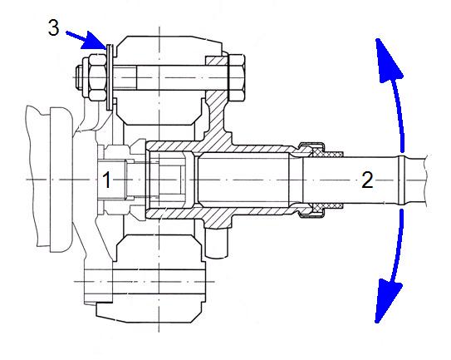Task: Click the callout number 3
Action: [53, 28]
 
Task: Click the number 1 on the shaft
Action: [106, 180]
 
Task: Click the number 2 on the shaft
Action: [367, 180]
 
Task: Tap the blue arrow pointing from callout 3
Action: [86, 40]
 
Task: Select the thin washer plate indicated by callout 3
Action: [110, 76]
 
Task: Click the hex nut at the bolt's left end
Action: [95, 78]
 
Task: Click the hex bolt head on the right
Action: [237, 77]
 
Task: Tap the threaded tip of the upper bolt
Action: [79, 77]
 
